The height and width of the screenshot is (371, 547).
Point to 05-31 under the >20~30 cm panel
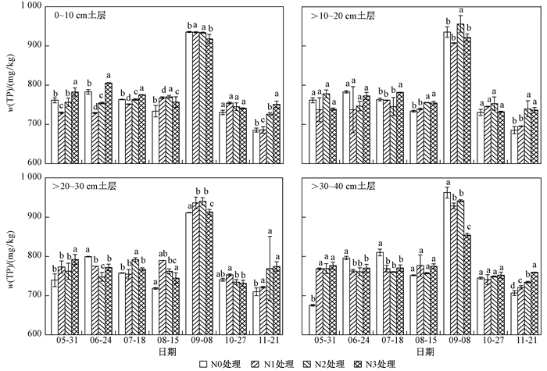coord(65,341)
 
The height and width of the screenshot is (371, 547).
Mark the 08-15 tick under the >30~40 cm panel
coord(417,341)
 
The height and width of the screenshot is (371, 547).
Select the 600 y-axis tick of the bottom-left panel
coord(35,334)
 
